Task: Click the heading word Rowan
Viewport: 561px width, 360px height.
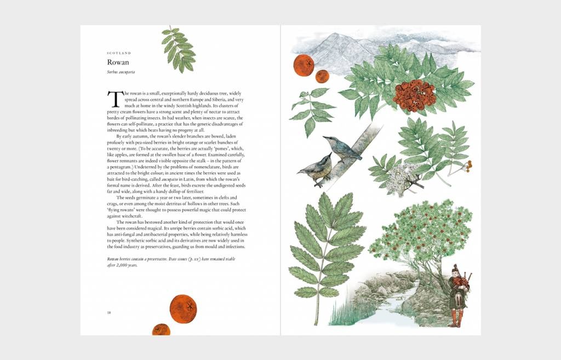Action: click(118, 62)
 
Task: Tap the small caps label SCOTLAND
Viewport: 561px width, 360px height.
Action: click(119, 53)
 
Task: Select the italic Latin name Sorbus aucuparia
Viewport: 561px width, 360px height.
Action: click(121, 72)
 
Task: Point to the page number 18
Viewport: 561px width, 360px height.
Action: click(109, 312)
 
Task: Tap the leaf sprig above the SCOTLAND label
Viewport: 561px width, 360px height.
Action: click(178, 49)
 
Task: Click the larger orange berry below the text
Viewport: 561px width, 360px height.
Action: click(183, 308)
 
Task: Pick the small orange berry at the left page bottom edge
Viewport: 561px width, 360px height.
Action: click(161, 330)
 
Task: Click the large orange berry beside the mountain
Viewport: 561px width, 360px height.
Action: click(304, 65)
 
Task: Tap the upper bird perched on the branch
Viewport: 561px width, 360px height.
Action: click(342, 148)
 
